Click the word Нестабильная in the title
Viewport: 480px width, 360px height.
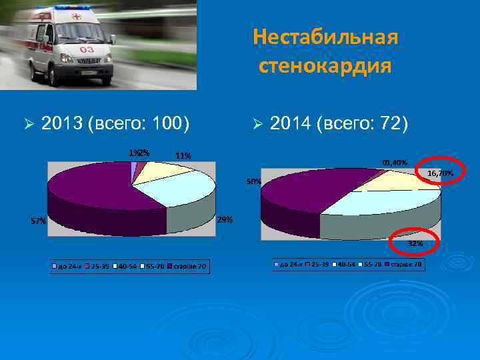coord(325,37)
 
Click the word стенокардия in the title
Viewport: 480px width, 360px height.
coord(325,67)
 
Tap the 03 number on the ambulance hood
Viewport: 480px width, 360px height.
coord(87,50)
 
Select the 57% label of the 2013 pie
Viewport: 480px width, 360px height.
coord(38,221)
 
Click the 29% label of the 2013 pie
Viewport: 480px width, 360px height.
coord(225,220)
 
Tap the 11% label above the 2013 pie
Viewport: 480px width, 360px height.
coord(183,156)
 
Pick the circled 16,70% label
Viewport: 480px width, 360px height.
coord(440,173)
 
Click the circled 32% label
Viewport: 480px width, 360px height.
coord(415,244)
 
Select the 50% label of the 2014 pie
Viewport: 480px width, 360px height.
coord(254,181)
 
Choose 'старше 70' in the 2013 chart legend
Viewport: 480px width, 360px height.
coord(189,267)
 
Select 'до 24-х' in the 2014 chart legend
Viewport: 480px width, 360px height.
coord(291,265)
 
